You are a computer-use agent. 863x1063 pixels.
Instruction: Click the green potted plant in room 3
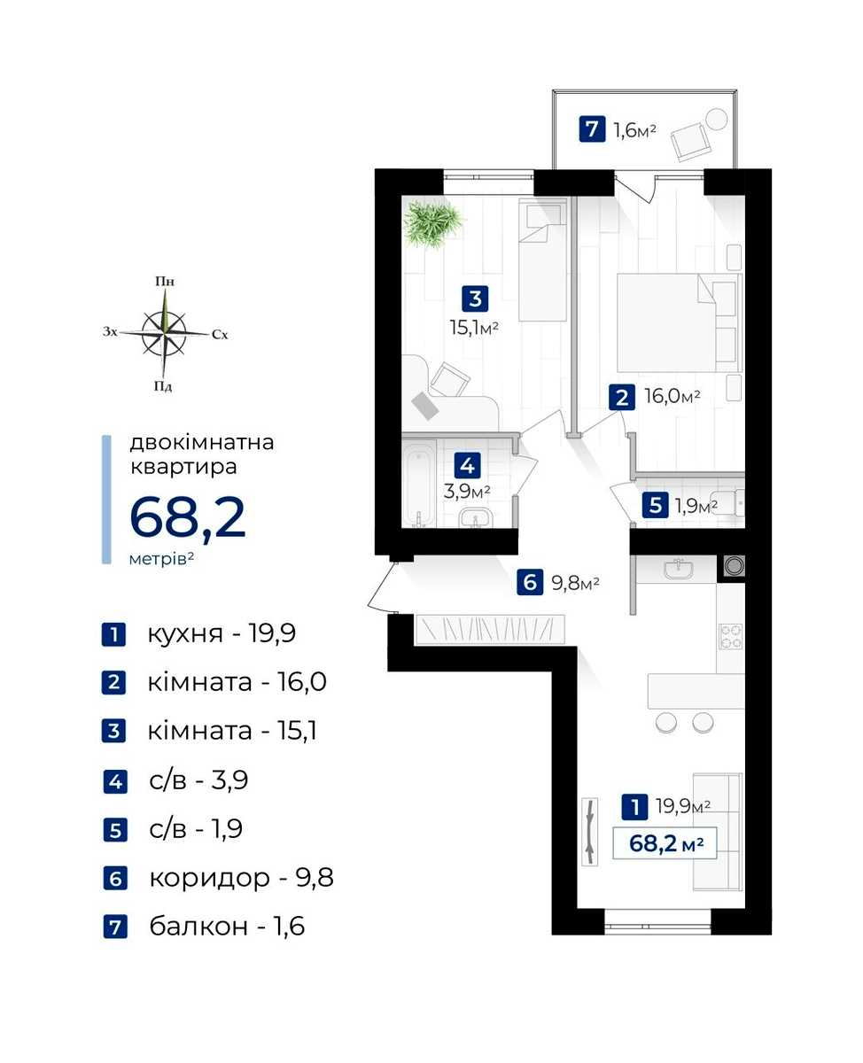(x=433, y=222)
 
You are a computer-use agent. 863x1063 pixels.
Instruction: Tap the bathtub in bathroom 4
(x=419, y=483)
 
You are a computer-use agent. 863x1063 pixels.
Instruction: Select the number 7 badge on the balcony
(x=592, y=128)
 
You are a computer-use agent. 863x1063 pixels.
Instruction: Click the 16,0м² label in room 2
(x=673, y=397)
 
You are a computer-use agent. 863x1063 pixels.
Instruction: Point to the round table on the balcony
(x=717, y=120)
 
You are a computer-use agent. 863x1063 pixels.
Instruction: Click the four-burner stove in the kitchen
(x=730, y=637)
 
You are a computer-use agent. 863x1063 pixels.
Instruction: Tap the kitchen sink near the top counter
(x=679, y=569)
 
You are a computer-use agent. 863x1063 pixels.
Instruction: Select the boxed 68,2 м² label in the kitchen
(x=665, y=843)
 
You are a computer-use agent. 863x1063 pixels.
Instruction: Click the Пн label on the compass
(x=165, y=282)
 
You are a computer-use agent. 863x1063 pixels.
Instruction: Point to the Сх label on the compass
(x=220, y=334)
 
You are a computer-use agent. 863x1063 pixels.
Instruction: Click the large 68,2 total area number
(x=188, y=517)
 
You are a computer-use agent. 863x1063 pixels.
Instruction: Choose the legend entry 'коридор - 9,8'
(x=241, y=878)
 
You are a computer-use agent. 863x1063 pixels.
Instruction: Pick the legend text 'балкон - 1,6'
(x=227, y=927)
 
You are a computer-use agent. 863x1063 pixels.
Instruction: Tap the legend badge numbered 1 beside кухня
(x=113, y=634)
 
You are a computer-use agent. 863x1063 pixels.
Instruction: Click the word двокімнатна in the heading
(x=202, y=443)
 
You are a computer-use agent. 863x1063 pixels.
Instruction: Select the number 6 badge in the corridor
(x=530, y=582)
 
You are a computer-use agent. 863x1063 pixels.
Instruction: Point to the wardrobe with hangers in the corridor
(x=490, y=629)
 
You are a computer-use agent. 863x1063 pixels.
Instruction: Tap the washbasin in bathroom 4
(x=475, y=518)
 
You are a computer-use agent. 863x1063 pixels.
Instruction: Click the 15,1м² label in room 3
(x=474, y=328)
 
